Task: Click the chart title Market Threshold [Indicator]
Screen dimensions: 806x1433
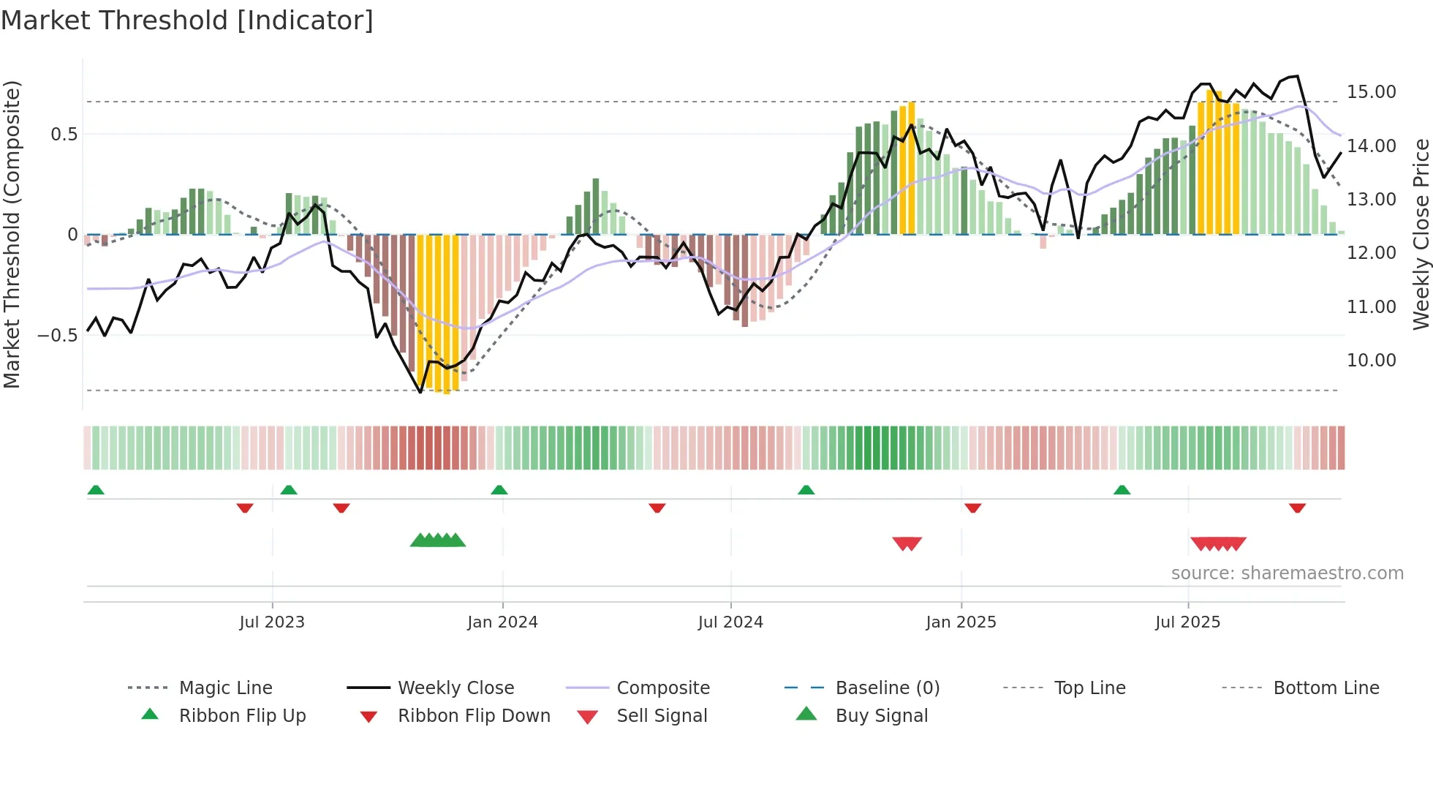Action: pos(187,20)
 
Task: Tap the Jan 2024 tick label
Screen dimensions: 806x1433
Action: pos(502,622)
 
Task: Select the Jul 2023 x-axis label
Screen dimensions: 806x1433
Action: pos(272,622)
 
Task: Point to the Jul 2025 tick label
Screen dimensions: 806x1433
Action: pos(1187,622)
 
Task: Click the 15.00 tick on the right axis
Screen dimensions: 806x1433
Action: pos(1371,92)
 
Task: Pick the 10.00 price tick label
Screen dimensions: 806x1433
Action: pos(1371,361)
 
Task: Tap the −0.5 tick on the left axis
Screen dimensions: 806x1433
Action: pos(58,336)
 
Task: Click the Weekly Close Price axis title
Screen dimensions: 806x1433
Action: pos(1421,234)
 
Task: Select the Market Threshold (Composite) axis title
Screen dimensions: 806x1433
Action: pos(12,234)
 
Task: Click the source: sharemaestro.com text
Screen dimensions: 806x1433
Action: pos(1287,573)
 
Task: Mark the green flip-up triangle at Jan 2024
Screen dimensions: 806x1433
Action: pos(499,490)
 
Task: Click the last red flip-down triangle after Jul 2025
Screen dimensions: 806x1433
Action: pos(1297,508)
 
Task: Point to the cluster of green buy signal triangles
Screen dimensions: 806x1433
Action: pos(438,541)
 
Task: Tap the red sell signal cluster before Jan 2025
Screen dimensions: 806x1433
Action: pos(907,543)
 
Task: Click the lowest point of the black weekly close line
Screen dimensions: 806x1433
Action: pos(420,392)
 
